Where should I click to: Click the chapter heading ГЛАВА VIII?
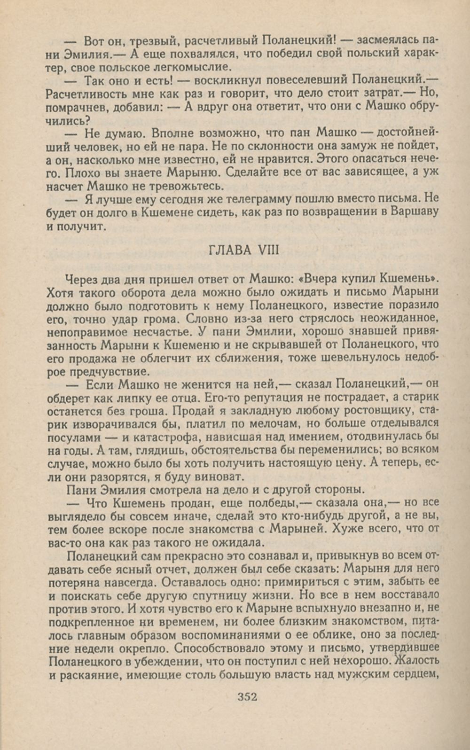point(243,250)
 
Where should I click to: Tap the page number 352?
point(247,697)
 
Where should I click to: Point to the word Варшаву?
point(415,211)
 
